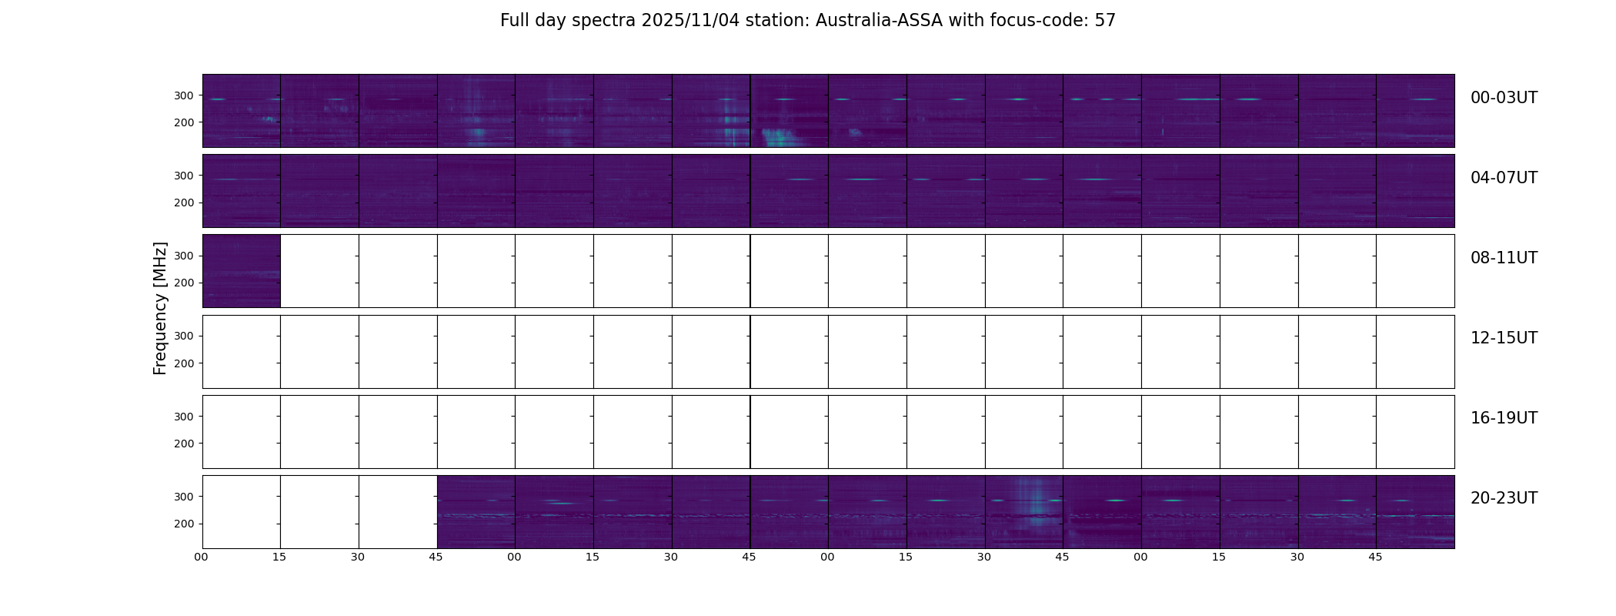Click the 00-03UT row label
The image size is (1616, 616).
(x=1504, y=98)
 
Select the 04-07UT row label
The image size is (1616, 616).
(x=1504, y=178)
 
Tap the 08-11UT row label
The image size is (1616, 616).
(x=1504, y=258)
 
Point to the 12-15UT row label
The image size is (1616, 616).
(x=1504, y=338)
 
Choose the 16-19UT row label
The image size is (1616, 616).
(x=1504, y=418)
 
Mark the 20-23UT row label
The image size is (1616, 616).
(x=1504, y=498)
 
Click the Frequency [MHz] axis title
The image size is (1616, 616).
(x=160, y=308)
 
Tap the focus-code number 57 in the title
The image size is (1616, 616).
(x=1105, y=21)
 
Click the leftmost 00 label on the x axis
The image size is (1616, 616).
(x=202, y=557)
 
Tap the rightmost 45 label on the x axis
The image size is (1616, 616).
(x=1375, y=557)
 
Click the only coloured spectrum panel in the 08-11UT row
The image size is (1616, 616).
(x=241, y=271)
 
